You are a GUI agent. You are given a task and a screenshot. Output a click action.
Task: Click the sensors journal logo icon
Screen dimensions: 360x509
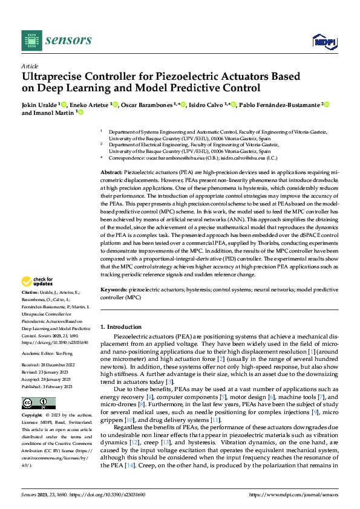(x=31, y=41)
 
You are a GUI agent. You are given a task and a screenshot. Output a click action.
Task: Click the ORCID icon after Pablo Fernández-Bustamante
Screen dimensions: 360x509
(x=327, y=105)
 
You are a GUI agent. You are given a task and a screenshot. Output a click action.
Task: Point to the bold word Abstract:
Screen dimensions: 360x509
(x=111, y=173)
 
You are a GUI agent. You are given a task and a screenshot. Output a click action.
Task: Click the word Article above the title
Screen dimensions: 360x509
(x=29, y=65)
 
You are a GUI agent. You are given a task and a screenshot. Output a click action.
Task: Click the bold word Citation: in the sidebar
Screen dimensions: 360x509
(x=31, y=291)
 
